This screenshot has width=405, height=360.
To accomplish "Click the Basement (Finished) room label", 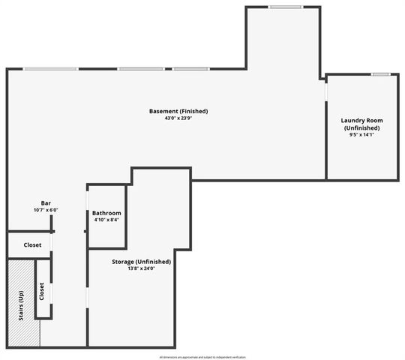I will pyautogui.click(x=178, y=112).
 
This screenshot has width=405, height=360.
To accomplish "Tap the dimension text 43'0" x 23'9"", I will pyautogui.click(x=178, y=118).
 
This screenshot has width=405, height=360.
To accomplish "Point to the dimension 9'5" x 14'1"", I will pyautogui.click(x=362, y=136).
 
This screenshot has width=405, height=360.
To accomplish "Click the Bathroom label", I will pyautogui.click(x=106, y=213).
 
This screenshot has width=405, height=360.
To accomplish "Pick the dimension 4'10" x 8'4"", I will pyautogui.click(x=106, y=220).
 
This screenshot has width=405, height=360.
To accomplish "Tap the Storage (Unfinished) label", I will pyautogui.click(x=141, y=262).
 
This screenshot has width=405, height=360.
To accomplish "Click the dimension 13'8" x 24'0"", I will pyautogui.click(x=141, y=268).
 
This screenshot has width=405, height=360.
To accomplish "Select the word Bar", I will pyautogui.click(x=46, y=203).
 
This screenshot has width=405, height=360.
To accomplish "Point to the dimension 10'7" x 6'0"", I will pyautogui.click(x=46, y=211).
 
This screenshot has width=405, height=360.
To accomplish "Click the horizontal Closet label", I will pyautogui.click(x=32, y=244).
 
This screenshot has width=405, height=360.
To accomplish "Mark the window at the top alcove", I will pyautogui.click(x=285, y=7).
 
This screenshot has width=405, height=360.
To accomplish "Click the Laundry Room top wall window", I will pyautogui.click(x=381, y=74).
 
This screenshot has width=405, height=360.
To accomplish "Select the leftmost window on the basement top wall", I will pyautogui.click(x=50, y=70).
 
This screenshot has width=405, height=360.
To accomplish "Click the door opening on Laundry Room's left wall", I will pyautogui.click(x=326, y=89).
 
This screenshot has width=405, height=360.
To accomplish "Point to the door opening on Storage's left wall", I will pyautogui.click(x=88, y=295).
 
